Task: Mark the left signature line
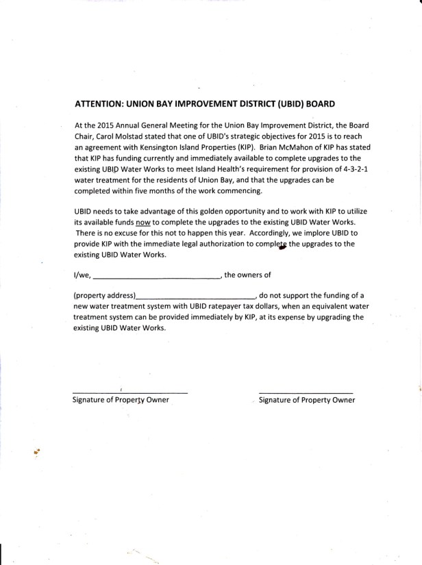point(130,392)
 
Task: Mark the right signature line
point(306,392)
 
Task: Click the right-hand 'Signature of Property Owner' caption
point(307,400)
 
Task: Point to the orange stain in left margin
point(36,451)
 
